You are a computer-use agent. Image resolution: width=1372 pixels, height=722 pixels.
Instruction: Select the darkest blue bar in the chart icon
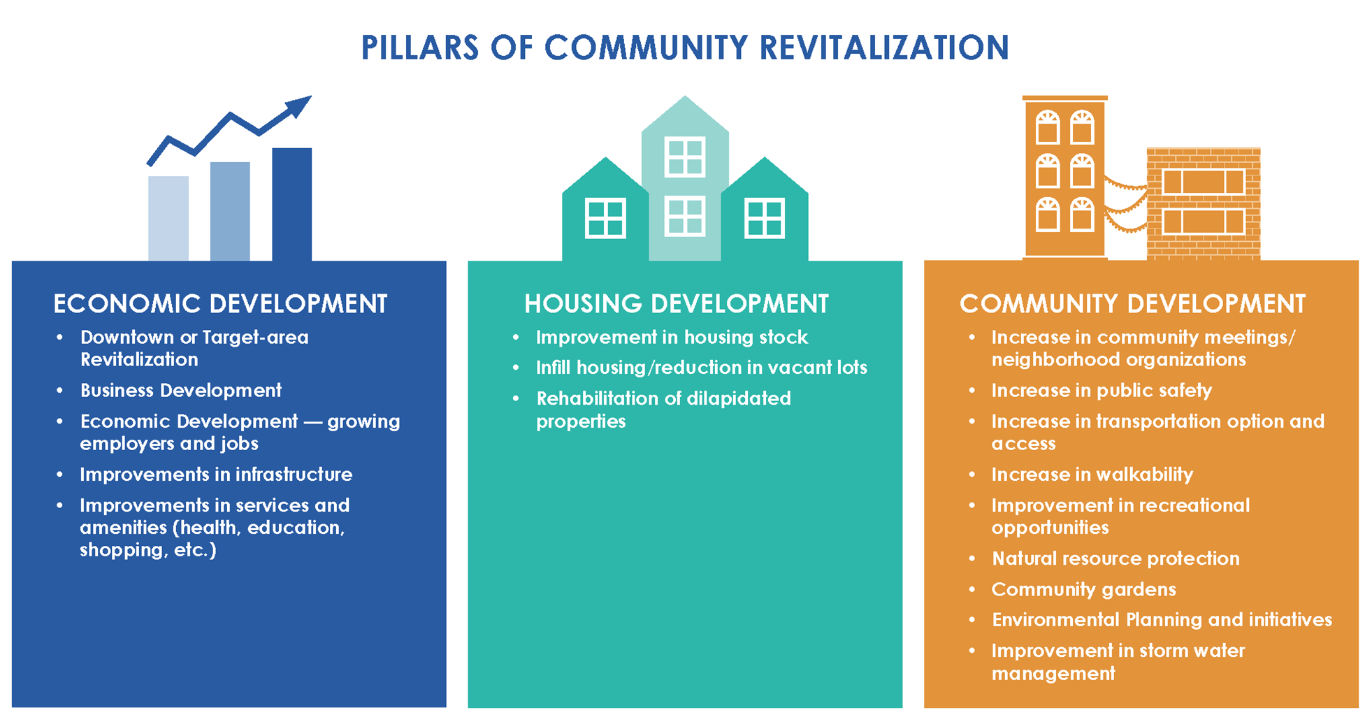pos(291,204)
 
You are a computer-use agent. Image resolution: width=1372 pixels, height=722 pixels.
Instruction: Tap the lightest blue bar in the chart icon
pos(168,218)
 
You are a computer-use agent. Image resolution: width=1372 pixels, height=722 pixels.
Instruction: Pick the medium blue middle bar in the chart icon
pos(230,211)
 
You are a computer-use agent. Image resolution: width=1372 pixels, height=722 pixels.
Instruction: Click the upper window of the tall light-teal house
pos(685,157)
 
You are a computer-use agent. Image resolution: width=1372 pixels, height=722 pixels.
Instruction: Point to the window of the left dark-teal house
pos(605,219)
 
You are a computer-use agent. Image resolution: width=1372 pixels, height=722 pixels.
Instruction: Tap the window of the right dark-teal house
pos(765,219)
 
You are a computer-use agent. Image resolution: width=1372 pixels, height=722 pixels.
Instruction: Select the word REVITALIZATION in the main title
pos(884,48)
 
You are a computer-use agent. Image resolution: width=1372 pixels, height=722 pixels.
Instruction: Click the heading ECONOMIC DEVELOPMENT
pos(220,304)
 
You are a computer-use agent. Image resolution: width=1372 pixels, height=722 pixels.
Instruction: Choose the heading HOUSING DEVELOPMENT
pos(677,304)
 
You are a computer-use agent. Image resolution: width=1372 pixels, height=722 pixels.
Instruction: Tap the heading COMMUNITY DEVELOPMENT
pos(1132,304)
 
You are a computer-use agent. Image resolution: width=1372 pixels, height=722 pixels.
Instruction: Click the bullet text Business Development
pos(181,390)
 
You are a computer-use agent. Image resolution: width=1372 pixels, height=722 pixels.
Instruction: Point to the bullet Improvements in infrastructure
pos(216,474)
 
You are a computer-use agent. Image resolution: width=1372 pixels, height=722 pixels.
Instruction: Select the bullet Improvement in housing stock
pos(672,338)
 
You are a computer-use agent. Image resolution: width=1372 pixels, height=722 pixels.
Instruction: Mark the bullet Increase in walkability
pos(1092,475)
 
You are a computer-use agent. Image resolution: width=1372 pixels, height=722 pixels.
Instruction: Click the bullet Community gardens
pos(1084,589)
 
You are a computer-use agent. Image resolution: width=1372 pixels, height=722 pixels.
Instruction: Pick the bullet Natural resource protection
pos(1116,558)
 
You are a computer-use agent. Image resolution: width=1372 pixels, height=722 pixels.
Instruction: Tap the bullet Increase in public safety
pos(1102,390)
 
